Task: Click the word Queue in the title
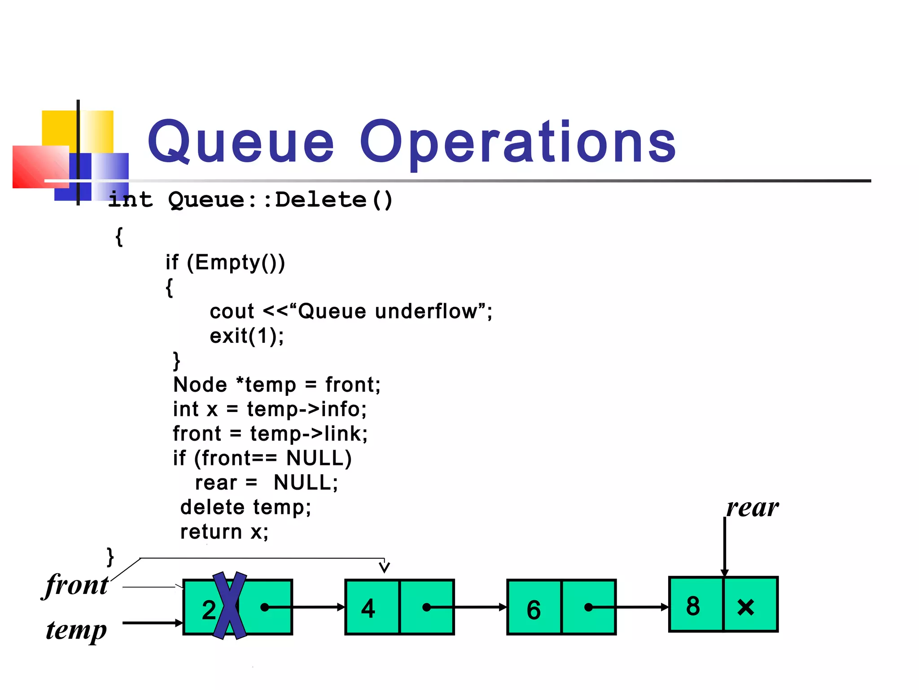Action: pyautogui.click(x=241, y=142)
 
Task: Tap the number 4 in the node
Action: pyautogui.click(x=368, y=609)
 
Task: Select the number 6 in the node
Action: pyautogui.click(x=534, y=610)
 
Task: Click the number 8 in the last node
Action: pyautogui.click(x=693, y=606)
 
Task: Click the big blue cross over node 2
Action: pyautogui.click(x=229, y=605)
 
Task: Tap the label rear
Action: pyautogui.click(x=753, y=508)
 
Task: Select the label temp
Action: pyautogui.click(x=77, y=630)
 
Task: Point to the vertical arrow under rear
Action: pyautogui.click(x=725, y=546)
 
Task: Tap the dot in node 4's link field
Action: pyautogui.click(x=426, y=607)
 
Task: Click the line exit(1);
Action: pyautogui.click(x=247, y=336)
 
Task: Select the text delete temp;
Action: pyautogui.click(x=245, y=507)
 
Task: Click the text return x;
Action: pyautogui.click(x=224, y=532)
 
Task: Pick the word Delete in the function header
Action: pyautogui.click(x=321, y=199)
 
